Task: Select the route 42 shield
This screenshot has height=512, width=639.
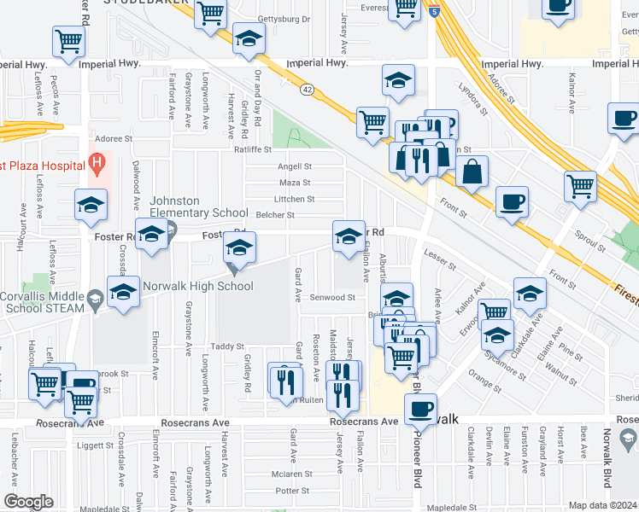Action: (305, 88)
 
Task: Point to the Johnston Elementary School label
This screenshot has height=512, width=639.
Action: (187, 207)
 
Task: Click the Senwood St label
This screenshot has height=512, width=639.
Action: (332, 298)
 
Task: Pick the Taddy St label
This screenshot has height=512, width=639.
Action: (228, 346)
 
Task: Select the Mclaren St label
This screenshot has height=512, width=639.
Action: (290, 474)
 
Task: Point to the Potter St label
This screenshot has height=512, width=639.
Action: (292, 491)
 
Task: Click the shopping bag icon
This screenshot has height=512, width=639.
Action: (472, 172)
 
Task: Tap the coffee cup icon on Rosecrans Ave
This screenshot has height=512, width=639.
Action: (420, 410)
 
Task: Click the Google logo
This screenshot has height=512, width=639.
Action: (28, 502)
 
